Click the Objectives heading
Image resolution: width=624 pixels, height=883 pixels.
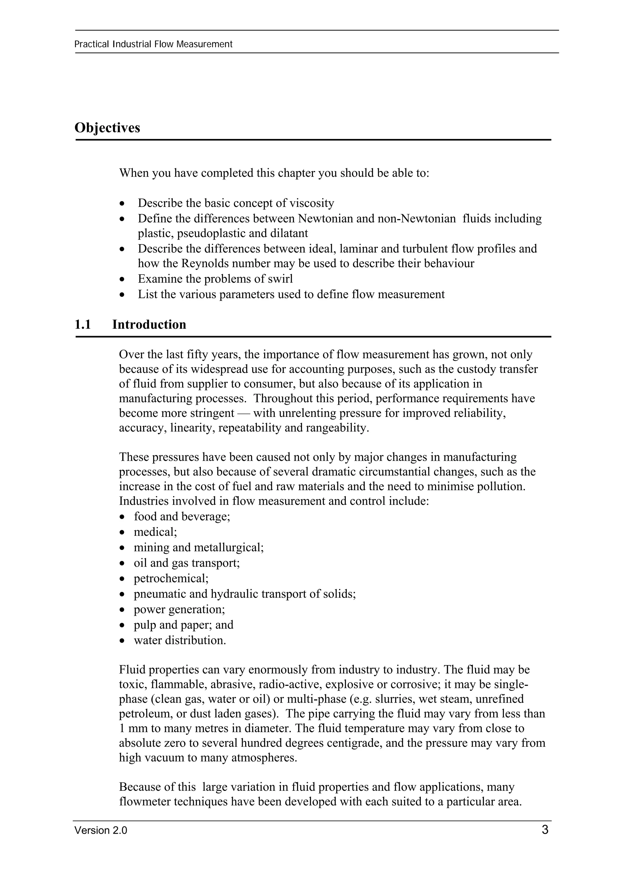coord(107,128)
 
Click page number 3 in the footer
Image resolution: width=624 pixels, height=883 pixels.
coord(545,830)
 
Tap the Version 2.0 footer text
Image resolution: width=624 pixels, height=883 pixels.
coord(101,831)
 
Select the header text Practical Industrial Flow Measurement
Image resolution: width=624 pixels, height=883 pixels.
coord(153,44)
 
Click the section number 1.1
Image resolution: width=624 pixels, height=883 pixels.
coord(83,324)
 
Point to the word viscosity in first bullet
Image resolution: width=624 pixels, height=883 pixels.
coord(311,203)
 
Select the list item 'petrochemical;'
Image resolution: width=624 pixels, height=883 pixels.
coord(171,578)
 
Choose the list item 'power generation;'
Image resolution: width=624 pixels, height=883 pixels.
coord(179,609)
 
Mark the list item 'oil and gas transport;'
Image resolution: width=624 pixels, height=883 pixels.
coord(186,563)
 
